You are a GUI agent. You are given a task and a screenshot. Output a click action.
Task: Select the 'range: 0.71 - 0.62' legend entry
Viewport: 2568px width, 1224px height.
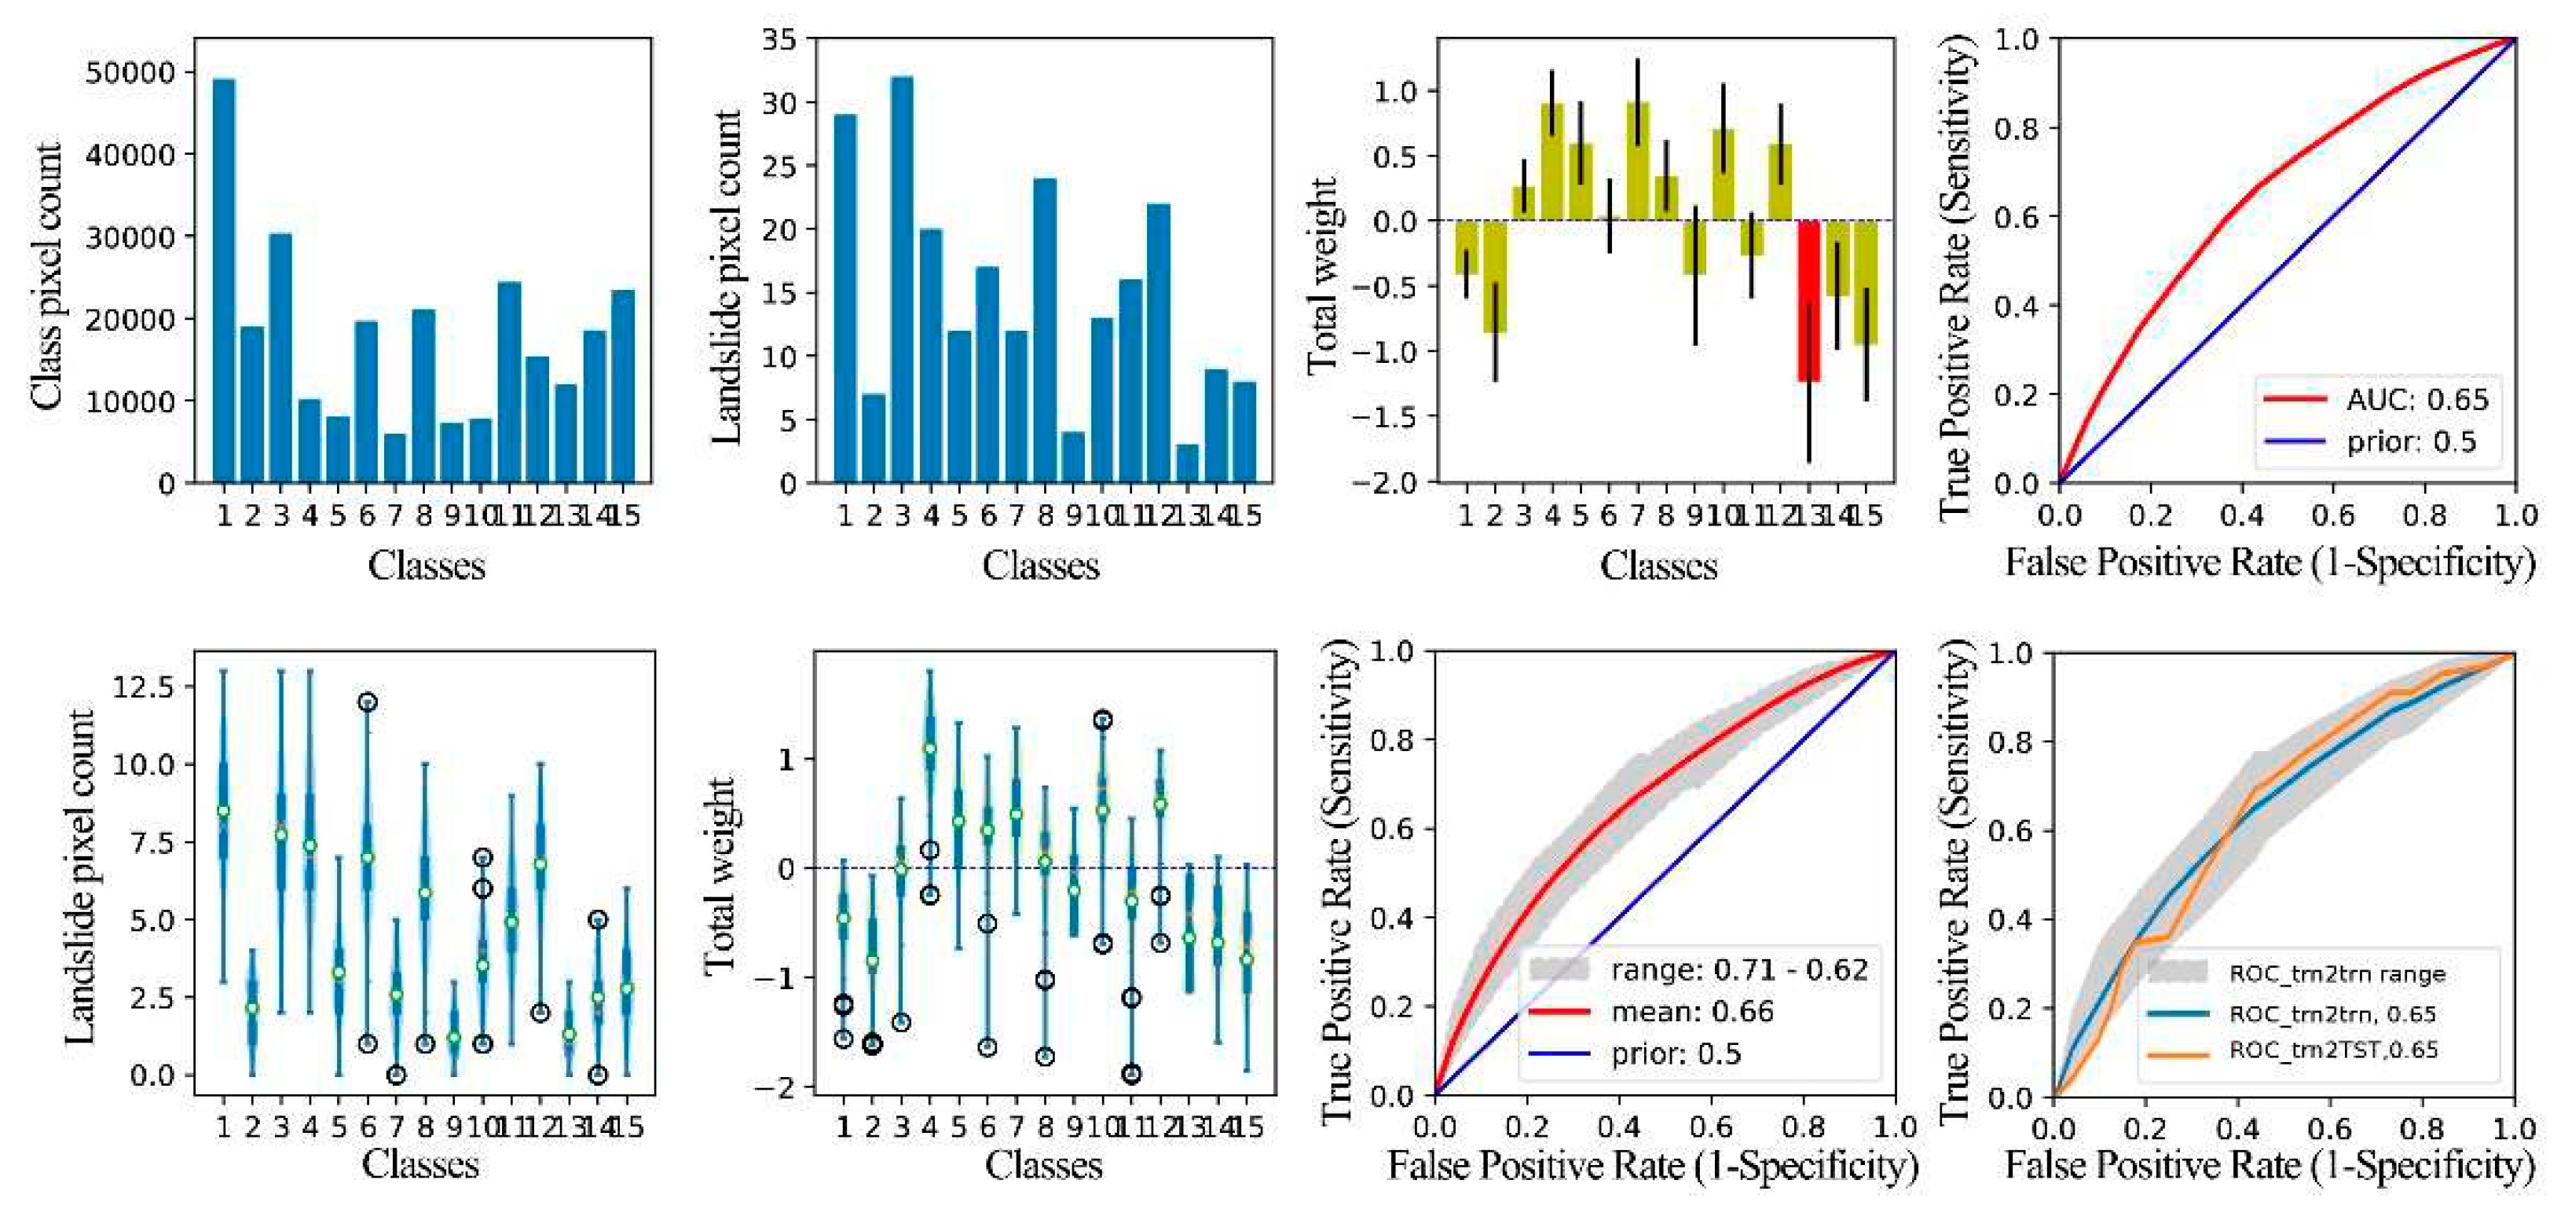point(1738,969)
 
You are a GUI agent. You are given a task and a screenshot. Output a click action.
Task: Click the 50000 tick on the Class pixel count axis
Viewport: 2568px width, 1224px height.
point(130,73)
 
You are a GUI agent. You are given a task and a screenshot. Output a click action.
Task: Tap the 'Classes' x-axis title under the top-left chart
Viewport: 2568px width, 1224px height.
point(426,565)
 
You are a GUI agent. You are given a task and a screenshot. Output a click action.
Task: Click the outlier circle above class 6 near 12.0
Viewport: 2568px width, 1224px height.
point(367,702)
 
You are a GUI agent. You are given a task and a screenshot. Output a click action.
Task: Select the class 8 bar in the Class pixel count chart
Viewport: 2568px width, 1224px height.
point(423,397)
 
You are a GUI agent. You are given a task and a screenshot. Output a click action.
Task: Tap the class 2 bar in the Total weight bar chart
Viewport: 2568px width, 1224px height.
point(1494,276)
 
